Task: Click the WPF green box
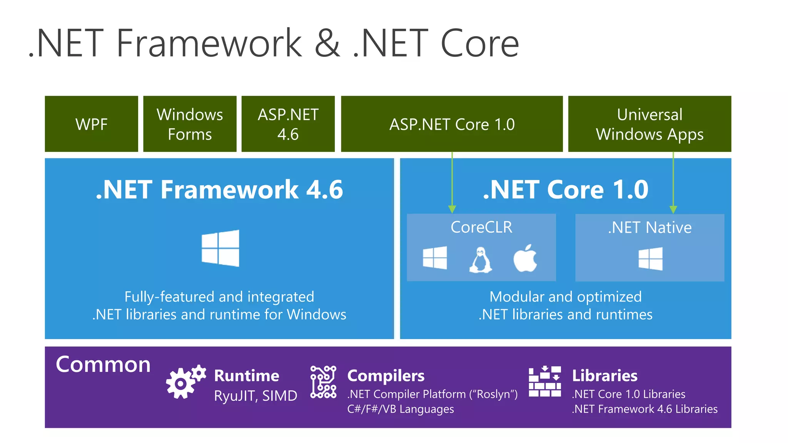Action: (91, 124)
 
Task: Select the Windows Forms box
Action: (190, 124)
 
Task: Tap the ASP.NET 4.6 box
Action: (288, 124)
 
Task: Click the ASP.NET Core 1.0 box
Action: (452, 124)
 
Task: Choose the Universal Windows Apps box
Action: (649, 124)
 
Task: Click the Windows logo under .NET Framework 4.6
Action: (220, 248)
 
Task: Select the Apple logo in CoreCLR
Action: (525, 258)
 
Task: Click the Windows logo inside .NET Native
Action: (651, 258)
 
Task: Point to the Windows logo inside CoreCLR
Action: (435, 258)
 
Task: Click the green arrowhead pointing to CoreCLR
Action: (452, 209)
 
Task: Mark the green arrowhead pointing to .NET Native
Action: (673, 209)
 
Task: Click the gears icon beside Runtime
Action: (185, 381)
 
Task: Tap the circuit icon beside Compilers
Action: (323, 382)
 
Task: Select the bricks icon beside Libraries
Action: (544, 381)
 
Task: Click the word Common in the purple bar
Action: (103, 365)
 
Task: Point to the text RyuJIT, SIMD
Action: (255, 396)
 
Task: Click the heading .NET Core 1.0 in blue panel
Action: (566, 190)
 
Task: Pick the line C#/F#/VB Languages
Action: (400, 409)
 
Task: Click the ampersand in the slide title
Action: (327, 43)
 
